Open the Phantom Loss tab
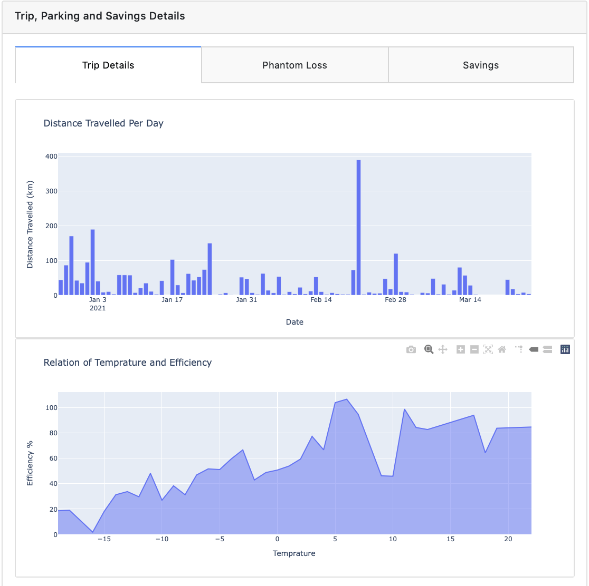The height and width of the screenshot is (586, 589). click(x=295, y=65)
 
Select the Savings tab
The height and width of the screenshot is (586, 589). click(x=481, y=65)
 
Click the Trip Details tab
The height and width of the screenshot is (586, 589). click(x=108, y=65)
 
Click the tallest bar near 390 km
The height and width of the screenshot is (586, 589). click(x=359, y=227)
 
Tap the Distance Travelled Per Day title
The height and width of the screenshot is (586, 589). click(x=103, y=123)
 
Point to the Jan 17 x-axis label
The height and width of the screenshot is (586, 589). click(x=172, y=299)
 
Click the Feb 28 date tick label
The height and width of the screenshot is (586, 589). click(x=395, y=299)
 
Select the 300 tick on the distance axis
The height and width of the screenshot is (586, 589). click(x=52, y=191)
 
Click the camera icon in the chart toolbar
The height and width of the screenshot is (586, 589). click(x=411, y=349)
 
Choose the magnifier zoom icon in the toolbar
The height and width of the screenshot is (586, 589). click(x=429, y=349)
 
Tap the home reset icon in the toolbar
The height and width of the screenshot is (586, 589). click(x=502, y=349)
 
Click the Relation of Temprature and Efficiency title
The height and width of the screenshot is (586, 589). click(x=128, y=363)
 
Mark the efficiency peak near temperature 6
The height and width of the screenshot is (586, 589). click(x=346, y=399)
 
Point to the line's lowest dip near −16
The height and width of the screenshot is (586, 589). click(x=92, y=532)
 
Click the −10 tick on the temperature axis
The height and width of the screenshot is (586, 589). click(x=162, y=539)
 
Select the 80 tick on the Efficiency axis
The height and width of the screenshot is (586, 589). click(x=53, y=433)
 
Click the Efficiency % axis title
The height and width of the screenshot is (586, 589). click(x=30, y=463)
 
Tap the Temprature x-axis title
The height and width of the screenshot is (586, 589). click(x=294, y=553)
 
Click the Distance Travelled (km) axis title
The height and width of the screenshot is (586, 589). click(x=30, y=224)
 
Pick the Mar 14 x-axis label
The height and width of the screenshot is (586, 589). click(x=470, y=299)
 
